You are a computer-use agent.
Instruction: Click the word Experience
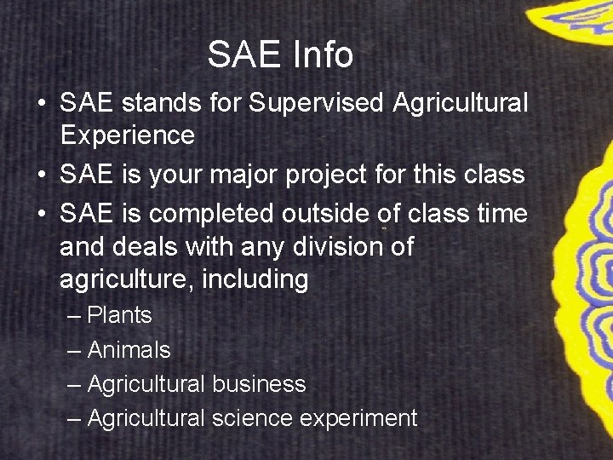pos(127,135)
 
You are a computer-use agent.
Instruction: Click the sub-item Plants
pos(119,315)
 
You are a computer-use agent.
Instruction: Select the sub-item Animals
pos(129,350)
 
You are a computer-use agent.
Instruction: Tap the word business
pos(259,384)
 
